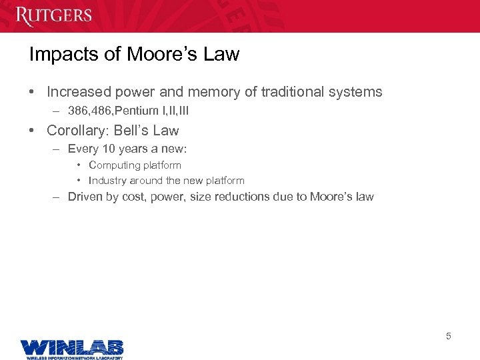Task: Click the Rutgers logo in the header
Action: click(54, 15)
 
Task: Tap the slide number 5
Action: click(449, 336)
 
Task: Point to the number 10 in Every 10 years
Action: click(109, 149)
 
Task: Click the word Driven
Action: click(85, 197)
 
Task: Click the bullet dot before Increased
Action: click(33, 92)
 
